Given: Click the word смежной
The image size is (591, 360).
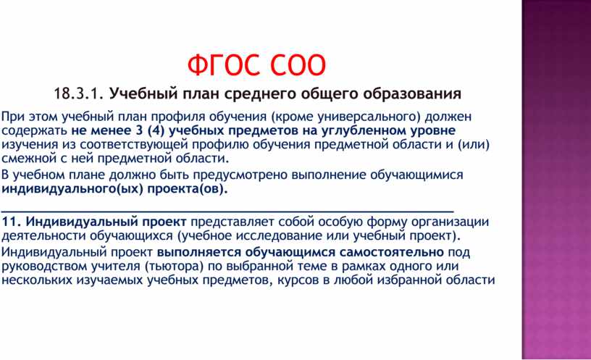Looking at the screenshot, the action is pyautogui.click(x=29, y=159).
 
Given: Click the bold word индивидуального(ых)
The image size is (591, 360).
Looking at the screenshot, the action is pyautogui.click(x=72, y=189).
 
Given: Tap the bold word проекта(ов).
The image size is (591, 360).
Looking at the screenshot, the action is pyautogui.click(x=188, y=189).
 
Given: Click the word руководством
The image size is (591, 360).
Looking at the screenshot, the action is pyautogui.click(x=44, y=267).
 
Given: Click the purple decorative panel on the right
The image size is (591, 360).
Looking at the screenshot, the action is pyautogui.click(x=556, y=180).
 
